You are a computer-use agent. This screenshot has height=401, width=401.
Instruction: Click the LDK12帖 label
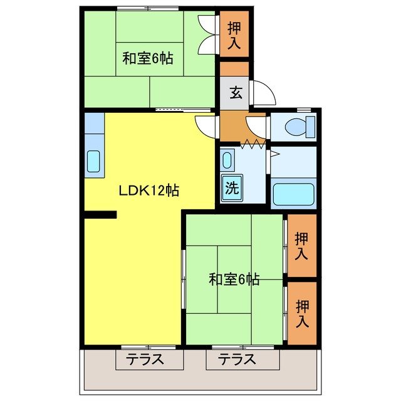point(149,190)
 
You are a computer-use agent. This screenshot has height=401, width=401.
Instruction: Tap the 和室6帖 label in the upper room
point(147,60)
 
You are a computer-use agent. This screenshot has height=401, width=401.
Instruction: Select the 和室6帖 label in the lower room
point(234,279)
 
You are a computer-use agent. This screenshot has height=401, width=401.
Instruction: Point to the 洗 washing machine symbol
point(231,187)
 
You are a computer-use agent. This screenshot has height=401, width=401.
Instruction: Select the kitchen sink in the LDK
point(93,162)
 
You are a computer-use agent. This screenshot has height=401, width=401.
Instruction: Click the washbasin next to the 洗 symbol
point(228,160)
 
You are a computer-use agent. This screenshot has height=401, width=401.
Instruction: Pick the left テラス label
point(148,360)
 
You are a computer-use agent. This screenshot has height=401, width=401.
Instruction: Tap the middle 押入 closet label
point(302,246)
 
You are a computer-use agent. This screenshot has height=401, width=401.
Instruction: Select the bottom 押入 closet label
point(302,314)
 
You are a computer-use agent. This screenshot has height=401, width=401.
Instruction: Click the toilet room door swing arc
point(257,123)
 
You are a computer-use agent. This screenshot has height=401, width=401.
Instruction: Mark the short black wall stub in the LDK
point(100,216)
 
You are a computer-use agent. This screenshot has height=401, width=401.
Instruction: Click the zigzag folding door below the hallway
point(254,143)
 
